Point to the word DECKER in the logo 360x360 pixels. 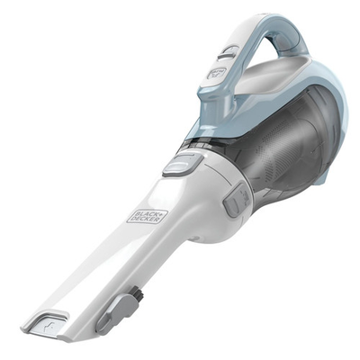click(x=153, y=209)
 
